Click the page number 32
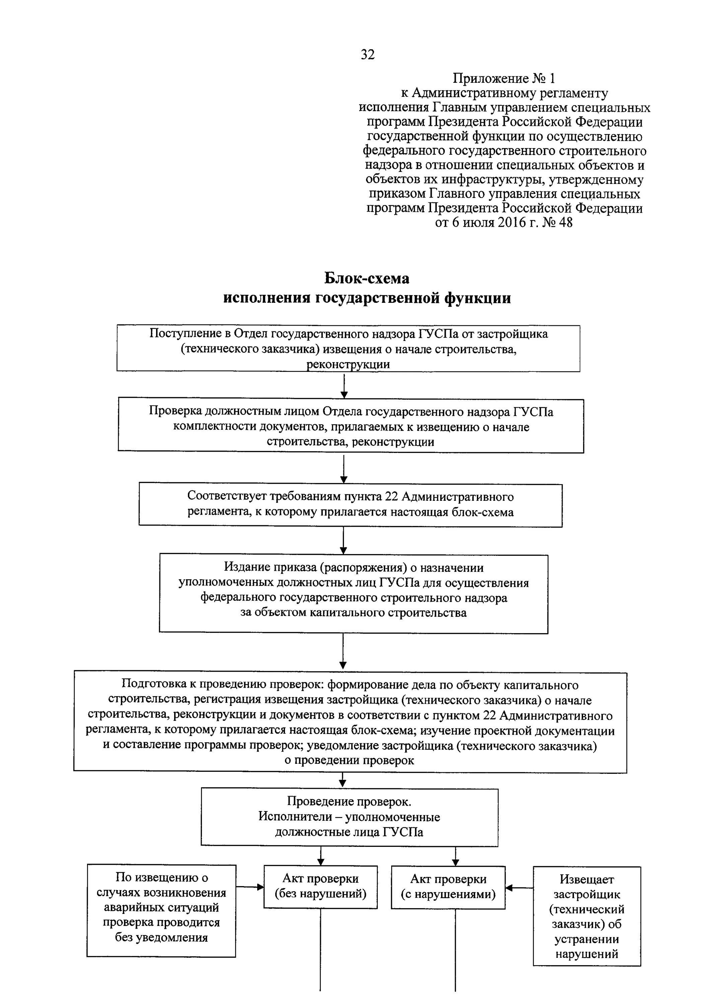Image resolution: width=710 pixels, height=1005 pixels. click(x=367, y=55)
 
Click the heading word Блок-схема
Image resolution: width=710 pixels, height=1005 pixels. click(x=367, y=278)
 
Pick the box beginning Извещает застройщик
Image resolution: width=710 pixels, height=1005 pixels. click(x=587, y=916)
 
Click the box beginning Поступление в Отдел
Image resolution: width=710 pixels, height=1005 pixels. click(x=348, y=348)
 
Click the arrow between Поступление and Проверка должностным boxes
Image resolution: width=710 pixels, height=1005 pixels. click(x=344, y=385)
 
